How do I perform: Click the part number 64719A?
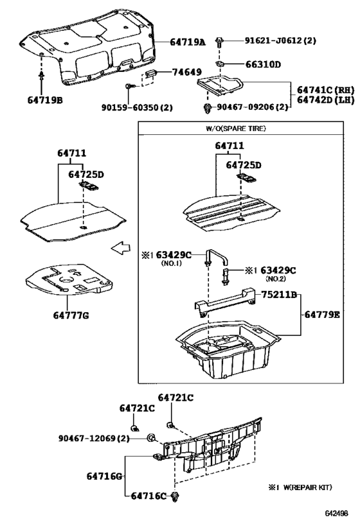click(x=188, y=42)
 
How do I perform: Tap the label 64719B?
click(x=46, y=100)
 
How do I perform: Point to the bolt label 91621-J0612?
click(x=280, y=40)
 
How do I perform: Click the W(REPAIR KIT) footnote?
click(x=300, y=488)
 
